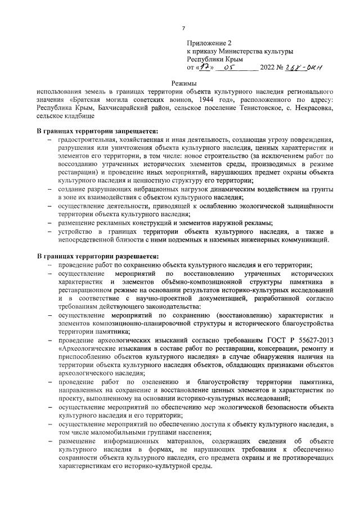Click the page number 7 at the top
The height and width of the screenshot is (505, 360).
(x=183, y=28)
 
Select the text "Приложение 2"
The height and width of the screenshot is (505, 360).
(x=209, y=43)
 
